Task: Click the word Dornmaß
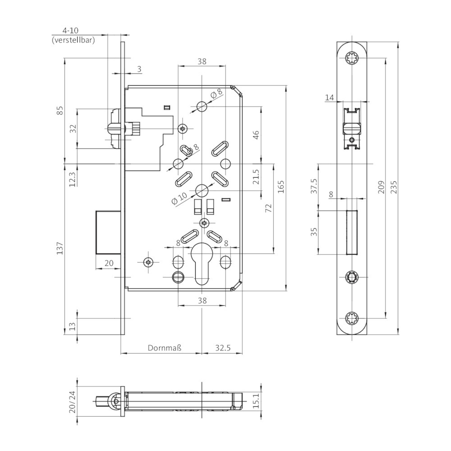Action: point(164,348)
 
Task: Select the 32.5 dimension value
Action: point(222,348)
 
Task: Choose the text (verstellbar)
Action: point(73,40)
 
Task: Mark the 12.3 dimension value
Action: point(72,179)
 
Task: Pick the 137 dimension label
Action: point(60,249)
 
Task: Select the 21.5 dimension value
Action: point(256,177)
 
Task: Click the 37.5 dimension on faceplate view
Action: point(314,187)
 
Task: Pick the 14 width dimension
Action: point(330,97)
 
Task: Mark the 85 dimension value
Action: point(60,110)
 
